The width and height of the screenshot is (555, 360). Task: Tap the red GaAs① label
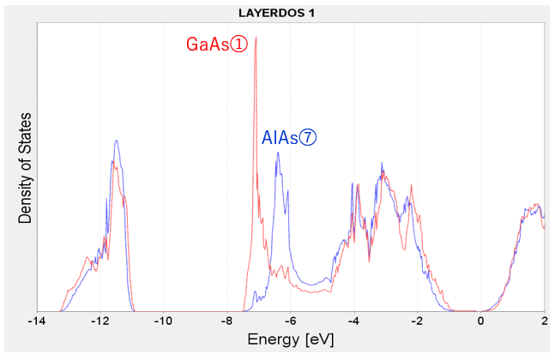click(216, 45)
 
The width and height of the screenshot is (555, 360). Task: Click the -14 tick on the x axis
click(35, 321)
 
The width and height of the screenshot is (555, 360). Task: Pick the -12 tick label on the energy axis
click(99, 321)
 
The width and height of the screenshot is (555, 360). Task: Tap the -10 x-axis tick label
click(162, 321)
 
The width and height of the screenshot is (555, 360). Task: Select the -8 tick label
click(226, 321)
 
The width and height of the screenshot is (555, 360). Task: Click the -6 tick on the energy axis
click(290, 321)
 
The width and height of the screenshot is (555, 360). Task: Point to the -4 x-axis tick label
click(353, 321)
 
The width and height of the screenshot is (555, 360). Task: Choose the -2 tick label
click(417, 321)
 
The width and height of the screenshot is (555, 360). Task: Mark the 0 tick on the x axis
click(481, 321)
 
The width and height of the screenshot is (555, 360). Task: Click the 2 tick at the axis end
click(545, 321)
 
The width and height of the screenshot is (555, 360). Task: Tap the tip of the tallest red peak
click(256, 38)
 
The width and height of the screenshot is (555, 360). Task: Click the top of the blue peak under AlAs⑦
click(277, 153)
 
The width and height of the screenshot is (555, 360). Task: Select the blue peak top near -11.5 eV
click(115, 141)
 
